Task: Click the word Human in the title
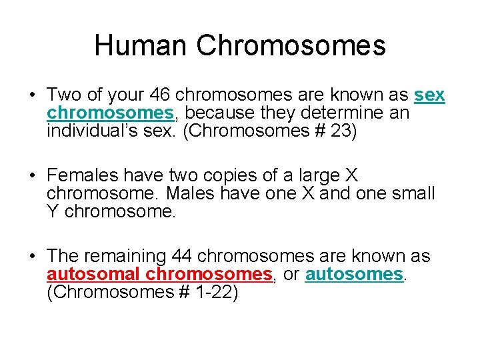point(141,45)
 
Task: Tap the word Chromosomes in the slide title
point(291,45)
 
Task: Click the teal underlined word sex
point(429,96)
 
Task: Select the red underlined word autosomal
point(94,275)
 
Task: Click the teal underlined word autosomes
point(354,275)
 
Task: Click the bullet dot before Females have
point(32,177)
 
